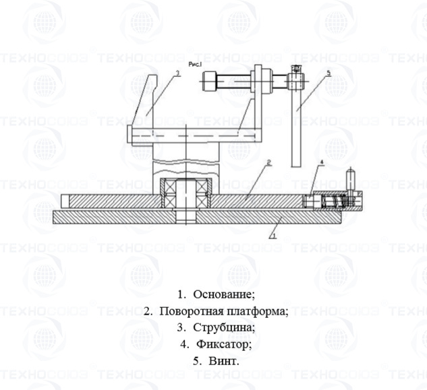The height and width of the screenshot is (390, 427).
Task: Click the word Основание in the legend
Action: tap(223, 294)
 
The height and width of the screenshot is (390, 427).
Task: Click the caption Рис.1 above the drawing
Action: tap(196, 64)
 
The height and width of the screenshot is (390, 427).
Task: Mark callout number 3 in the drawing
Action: tap(177, 72)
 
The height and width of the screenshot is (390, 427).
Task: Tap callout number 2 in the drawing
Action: tap(268, 162)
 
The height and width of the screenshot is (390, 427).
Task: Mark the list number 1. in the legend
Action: tap(182, 294)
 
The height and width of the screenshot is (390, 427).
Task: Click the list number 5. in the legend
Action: tap(197, 362)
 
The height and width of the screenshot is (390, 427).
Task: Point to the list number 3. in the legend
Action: tap(181, 328)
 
